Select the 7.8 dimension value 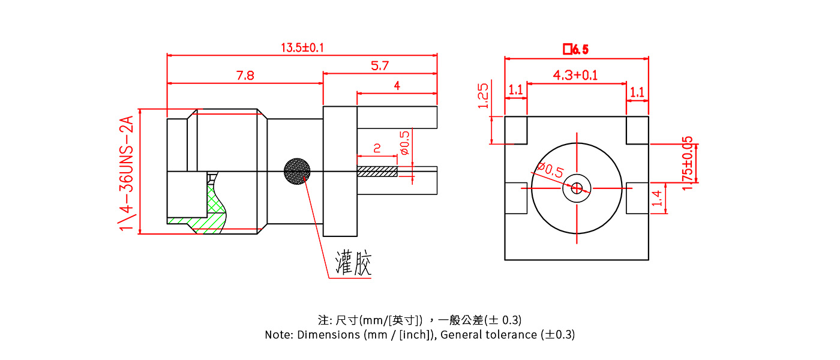(245, 76)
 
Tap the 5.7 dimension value (380, 66)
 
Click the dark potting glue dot (297, 171)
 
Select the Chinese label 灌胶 (353, 264)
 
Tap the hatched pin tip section (377, 172)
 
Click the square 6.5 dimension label (575, 50)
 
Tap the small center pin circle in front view (577, 188)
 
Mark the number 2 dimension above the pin (377, 148)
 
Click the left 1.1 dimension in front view (516, 91)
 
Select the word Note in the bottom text (278, 335)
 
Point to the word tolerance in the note (512, 335)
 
